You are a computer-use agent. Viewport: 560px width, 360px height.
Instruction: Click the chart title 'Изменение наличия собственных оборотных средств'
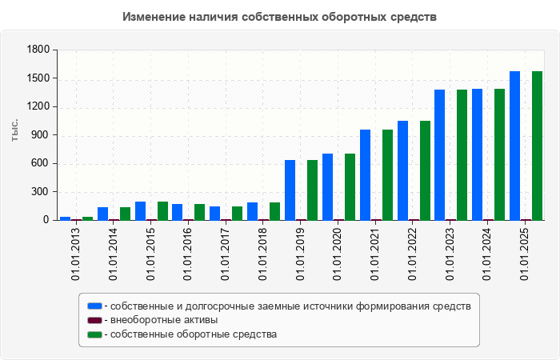click(280, 17)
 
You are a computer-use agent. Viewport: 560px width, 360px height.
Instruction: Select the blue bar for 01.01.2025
click(514, 146)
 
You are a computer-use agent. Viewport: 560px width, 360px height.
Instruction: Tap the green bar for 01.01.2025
click(537, 146)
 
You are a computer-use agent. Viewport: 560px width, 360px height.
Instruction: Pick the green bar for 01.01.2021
click(387, 174)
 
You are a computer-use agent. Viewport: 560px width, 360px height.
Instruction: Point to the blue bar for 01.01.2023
click(439, 154)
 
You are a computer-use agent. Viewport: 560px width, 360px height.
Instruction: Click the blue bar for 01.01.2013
click(65, 218)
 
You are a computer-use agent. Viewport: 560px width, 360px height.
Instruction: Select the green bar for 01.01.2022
click(425, 170)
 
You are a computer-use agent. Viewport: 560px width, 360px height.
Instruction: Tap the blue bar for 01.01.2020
click(327, 186)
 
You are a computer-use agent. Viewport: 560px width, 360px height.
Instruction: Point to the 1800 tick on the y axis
click(38, 50)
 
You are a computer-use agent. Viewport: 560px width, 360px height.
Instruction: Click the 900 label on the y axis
click(38, 135)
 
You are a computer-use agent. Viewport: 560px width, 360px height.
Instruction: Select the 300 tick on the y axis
click(38, 192)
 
